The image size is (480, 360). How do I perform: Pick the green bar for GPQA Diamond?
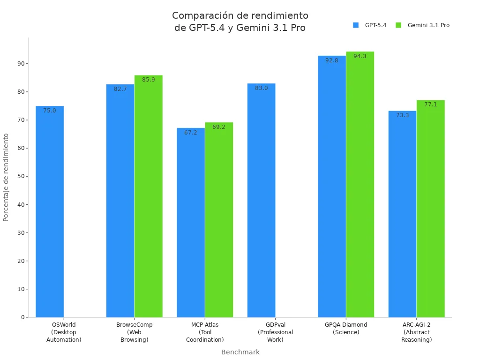(360, 187)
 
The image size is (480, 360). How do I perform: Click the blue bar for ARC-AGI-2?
(402, 216)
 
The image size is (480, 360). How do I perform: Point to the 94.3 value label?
(360, 56)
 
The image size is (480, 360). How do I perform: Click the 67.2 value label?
(191, 133)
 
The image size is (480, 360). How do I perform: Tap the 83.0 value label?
(261, 88)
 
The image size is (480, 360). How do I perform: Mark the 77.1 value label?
(430, 105)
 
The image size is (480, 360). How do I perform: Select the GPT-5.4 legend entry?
(370, 25)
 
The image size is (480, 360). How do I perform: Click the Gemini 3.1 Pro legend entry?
(422, 25)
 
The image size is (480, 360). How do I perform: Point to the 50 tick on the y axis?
(21, 176)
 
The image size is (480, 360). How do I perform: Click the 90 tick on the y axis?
(21, 63)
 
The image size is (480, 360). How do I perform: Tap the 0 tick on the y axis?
(22, 317)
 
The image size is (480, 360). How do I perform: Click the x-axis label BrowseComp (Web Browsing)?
(134, 332)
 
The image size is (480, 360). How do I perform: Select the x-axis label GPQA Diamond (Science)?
(346, 328)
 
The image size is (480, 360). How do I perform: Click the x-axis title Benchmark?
(240, 352)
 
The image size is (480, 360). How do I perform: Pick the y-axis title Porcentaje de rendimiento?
(6, 177)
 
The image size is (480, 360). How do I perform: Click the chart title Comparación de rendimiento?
(240, 22)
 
